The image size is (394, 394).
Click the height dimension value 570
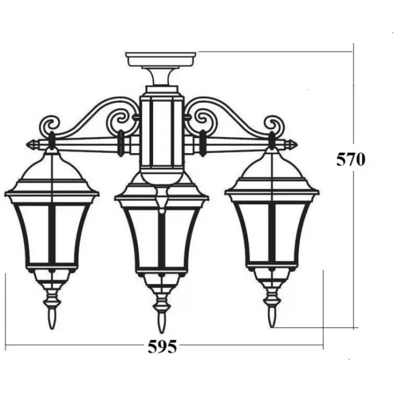351,160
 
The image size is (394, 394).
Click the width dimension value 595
162,347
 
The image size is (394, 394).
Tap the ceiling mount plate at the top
161,59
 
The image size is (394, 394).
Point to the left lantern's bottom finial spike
52,319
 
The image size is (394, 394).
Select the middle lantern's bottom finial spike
161,323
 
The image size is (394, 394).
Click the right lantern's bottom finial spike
272,317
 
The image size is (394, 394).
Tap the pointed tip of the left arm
27,145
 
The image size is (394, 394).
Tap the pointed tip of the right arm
297,145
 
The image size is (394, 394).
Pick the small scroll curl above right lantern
274,124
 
